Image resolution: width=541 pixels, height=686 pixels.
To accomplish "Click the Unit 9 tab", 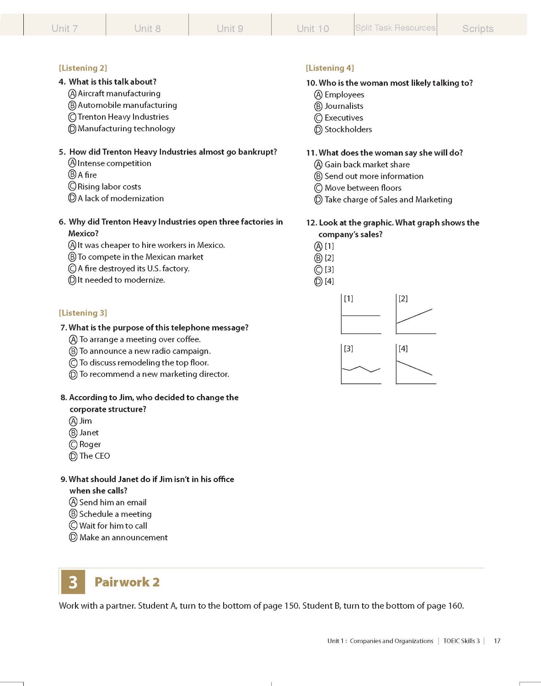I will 230,28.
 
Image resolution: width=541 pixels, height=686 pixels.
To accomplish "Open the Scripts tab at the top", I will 477,28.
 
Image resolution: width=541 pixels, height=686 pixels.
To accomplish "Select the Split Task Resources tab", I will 395,28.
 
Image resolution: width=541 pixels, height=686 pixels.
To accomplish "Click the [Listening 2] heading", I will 83,68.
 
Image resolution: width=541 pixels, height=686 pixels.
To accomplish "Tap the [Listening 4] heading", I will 330,68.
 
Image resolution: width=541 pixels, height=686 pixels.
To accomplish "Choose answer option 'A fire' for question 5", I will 87,175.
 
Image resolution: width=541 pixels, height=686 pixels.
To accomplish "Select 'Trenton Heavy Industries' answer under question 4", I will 123,117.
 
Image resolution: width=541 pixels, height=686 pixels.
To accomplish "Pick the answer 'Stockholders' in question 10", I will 348,129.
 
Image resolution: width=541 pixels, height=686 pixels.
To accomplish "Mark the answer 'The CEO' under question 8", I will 94,456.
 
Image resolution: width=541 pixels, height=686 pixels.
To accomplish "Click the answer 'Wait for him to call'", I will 113,526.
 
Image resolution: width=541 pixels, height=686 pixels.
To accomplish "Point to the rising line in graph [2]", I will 414,316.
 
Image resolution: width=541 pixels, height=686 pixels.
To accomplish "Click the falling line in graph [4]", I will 414,368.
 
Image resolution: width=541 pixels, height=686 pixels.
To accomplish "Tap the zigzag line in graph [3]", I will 361,369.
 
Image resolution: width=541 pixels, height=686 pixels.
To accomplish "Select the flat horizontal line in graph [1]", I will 361,316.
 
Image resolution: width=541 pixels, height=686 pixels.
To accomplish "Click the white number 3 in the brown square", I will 73,582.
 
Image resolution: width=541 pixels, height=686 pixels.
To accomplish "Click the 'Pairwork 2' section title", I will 127,582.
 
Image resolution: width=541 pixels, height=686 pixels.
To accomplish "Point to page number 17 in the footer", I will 497,641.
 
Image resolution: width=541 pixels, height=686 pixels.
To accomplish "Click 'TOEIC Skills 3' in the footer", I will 461,641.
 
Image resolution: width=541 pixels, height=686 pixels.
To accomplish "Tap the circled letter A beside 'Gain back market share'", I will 318,165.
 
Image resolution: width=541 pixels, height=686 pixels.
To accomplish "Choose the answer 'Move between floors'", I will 363,188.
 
